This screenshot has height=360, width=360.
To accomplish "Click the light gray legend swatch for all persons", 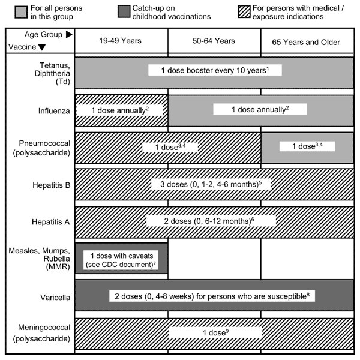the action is coord(21,12).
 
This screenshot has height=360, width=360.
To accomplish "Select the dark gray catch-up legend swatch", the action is coord(124,12).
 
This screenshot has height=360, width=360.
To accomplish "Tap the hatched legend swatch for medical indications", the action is coord(244,12).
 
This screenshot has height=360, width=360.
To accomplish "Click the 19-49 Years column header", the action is coord(121,41).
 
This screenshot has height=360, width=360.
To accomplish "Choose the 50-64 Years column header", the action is coord(214,41).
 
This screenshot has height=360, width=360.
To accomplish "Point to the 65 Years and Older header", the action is coord(306,42).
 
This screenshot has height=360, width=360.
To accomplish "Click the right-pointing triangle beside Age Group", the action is coord(69,34).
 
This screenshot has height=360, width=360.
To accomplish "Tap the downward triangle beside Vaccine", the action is coord(42,47).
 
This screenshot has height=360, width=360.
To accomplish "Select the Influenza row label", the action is coord(54,111).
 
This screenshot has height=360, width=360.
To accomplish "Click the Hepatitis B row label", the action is coord(51,185).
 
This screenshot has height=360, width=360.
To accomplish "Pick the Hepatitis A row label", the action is coord(51,222).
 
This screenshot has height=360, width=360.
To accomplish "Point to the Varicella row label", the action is coord(55,298).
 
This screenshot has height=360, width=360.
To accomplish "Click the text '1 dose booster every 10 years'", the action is coord(215,70).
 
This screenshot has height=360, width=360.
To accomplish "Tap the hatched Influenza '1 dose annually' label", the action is coord(120,110).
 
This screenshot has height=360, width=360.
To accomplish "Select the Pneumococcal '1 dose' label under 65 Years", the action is coord(307,146).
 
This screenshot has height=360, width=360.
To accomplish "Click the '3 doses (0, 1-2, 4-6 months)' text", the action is coord(211,184).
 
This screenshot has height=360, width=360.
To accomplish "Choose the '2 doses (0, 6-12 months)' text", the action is coord(209,221).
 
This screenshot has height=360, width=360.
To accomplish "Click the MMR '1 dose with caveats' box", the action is coord(121,260).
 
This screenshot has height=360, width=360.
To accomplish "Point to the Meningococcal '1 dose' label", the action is coord(215,332).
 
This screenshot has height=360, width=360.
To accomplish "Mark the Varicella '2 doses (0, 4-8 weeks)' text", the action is coord(212,296).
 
